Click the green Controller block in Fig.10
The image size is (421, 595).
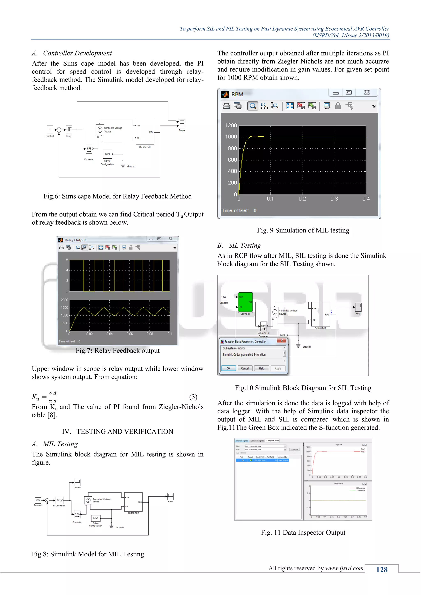[x=245, y=302]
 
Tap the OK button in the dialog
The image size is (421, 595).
[x=228, y=368]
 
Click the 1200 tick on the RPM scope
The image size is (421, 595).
[x=231, y=125]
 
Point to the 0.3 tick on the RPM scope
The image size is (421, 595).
[x=334, y=199]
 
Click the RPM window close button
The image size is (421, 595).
[x=367, y=92]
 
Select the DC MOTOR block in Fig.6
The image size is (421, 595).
[x=145, y=132]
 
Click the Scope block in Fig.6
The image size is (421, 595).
[x=182, y=124]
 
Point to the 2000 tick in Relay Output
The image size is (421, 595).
[x=64, y=300]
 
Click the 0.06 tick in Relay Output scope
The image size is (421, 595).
[x=130, y=334]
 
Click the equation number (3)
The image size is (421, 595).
[x=193, y=397]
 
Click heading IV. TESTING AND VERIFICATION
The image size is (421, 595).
[x=117, y=431]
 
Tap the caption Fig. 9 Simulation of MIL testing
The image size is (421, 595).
[x=303, y=230]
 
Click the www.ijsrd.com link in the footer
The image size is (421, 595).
[x=344, y=568]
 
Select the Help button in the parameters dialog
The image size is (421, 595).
[x=261, y=368]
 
